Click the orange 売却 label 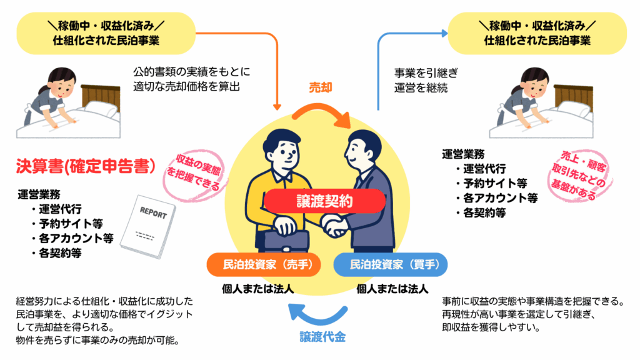coord(321,88)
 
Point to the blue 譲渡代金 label coord(321,338)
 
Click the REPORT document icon coord(147,226)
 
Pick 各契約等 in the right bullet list coord(481,213)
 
